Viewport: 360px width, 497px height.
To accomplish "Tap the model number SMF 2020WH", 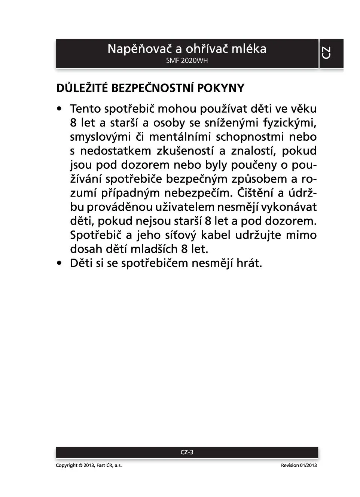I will point(187,61).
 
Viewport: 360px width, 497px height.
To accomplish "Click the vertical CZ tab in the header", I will point(326,53).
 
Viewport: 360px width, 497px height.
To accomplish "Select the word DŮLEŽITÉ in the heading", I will point(82,88).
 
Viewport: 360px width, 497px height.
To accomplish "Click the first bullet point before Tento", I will point(59,109).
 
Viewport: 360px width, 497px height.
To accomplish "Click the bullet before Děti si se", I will point(59,263).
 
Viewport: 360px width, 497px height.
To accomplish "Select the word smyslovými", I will point(100,137).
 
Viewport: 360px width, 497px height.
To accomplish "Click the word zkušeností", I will point(186,151).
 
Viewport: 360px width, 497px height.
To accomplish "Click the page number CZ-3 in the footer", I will point(187,452).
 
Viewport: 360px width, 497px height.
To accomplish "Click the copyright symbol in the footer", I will point(80,466).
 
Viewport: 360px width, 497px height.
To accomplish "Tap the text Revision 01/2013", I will point(299,466).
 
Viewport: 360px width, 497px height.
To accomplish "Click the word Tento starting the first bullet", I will point(85,109).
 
